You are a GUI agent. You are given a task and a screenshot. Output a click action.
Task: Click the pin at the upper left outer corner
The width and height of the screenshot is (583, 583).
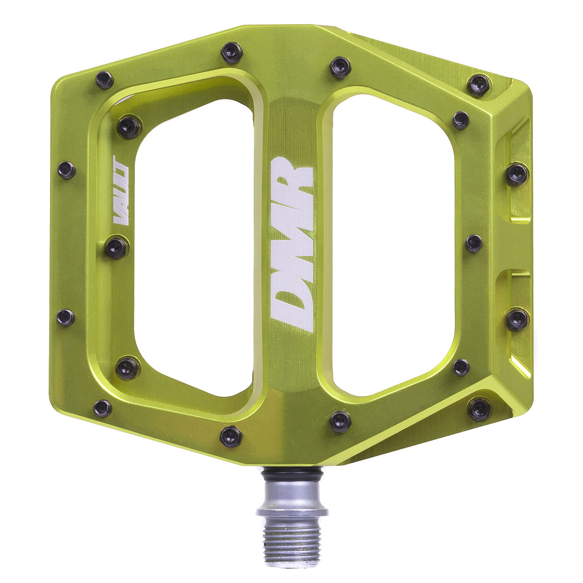click(104, 79)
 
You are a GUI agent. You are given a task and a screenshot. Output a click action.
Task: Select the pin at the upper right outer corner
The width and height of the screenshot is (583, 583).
click(479, 85)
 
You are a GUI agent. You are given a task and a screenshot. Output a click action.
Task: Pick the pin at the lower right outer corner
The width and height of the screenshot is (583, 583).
click(479, 409)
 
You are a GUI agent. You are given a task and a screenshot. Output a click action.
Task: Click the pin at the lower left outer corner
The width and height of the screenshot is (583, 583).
click(103, 409)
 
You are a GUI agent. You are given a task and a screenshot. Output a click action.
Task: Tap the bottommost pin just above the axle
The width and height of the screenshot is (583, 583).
click(231, 436)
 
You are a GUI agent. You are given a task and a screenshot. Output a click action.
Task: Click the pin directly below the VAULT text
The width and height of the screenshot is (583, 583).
click(117, 248)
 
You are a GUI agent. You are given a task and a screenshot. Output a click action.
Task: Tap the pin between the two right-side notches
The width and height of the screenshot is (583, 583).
click(474, 243)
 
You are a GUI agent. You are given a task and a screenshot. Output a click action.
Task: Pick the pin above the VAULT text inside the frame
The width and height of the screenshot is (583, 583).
click(129, 126)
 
